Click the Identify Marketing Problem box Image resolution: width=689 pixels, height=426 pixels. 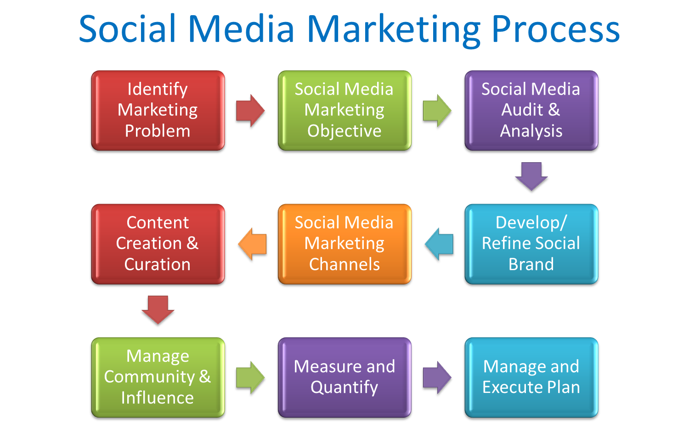158,110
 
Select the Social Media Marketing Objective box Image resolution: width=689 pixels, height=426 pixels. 344,110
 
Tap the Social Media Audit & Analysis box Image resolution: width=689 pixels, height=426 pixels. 531,110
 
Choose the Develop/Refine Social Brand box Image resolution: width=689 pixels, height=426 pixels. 531,244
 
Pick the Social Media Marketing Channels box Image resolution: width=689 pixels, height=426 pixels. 344,244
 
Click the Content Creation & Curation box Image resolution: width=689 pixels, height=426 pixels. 158,244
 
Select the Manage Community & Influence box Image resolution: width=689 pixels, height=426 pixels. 158,378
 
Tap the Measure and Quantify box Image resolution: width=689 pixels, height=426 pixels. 344,378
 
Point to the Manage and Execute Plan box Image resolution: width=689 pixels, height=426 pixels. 531,378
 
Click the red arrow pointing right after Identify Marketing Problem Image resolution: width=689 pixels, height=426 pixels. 250,111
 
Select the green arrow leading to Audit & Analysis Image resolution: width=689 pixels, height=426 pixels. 437,111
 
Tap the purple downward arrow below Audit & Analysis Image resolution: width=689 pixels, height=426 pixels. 531,176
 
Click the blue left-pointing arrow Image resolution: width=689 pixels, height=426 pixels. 439,244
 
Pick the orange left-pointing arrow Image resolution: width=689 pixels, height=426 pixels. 252,244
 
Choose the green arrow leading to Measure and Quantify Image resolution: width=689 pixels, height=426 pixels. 250,378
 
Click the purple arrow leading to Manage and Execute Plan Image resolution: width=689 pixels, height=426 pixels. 437,378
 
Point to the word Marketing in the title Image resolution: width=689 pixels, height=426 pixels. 394,31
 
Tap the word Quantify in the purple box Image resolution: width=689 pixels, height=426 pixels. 344,387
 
